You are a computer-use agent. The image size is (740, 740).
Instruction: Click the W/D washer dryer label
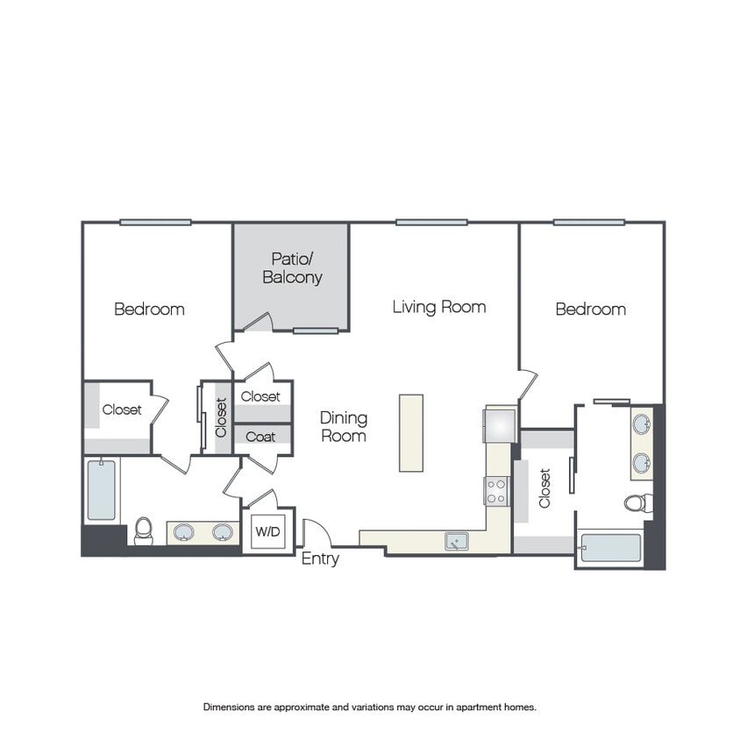[x=267, y=531]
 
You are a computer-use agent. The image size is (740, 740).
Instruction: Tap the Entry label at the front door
[x=320, y=559]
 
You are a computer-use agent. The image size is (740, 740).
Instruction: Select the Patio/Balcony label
[x=292, y=267]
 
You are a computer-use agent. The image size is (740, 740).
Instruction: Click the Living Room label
[x=439, y=307]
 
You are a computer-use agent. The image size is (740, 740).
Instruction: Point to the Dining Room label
[x=344, y=427]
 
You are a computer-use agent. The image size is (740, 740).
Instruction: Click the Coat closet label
[x=260, y=437]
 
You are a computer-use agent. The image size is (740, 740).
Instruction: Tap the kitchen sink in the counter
[x=457, y=541]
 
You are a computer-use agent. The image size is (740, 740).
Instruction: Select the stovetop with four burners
[x=495, y=491]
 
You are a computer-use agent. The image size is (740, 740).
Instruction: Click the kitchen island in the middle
[x=411, y=433]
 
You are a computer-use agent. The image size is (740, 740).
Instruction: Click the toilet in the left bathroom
[x=144, y=531]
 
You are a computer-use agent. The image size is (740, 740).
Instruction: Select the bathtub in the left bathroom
[x=101, y=490]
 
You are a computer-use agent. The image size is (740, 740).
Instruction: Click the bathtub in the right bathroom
[x=611, y=548]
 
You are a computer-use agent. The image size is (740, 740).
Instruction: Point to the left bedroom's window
[x=155, y=223]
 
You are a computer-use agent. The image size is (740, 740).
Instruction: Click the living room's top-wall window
[x=431, y=223]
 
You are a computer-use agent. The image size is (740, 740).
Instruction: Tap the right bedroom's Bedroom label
[x=591, y=310]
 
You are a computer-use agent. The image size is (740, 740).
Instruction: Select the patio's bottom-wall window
[x=316, y=331]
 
